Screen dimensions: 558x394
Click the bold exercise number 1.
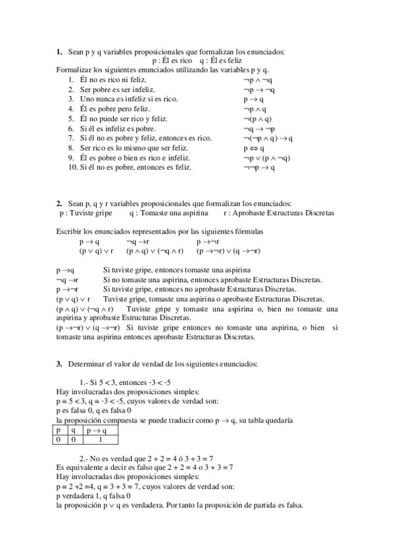click(x=59, y=52)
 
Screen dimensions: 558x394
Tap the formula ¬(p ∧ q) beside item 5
click(x=257, y=118)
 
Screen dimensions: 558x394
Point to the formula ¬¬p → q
click(x=259, y=168)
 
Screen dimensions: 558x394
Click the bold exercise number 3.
click(x=59, y=364)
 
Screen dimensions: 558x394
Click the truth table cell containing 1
click(x=99, y=439)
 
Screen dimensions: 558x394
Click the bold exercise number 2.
click(x=59, y=203)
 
